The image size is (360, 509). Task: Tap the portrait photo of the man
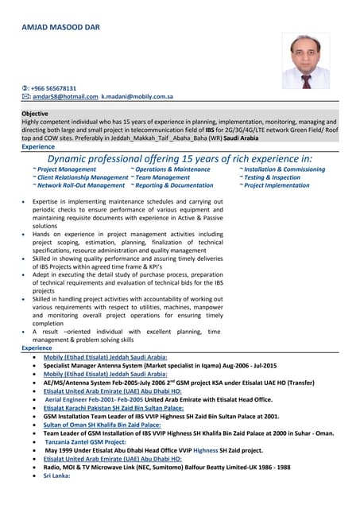pos(306,60)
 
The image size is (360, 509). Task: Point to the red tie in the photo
pos(306,80)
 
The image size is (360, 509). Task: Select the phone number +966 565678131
pos(53,88)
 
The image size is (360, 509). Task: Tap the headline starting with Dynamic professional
pos(180,159)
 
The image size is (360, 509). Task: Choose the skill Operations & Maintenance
pos(170,169)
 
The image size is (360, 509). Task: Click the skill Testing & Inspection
pos(270,177)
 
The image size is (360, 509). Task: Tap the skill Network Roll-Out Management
pos(79,185)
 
